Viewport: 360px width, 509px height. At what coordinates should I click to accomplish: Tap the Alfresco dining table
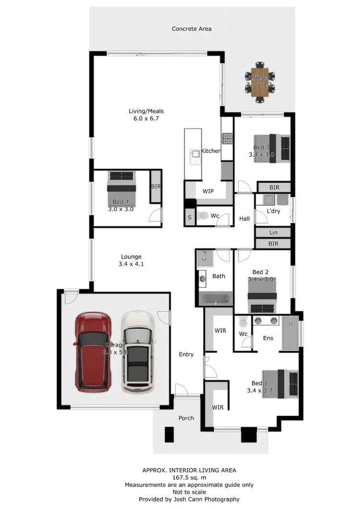(259, 83)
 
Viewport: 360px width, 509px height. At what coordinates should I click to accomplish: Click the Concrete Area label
(192, 29)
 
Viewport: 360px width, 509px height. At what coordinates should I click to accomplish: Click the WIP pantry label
(208, 191)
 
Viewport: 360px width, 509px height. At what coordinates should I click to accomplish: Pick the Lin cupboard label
(273, 232)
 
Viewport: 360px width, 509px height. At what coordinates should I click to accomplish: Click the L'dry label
(273, 212)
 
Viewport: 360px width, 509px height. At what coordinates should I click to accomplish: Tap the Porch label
(186, 418)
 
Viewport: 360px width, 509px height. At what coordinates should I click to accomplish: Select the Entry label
(186, 355)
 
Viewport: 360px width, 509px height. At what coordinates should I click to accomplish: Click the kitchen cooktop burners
(227, 139)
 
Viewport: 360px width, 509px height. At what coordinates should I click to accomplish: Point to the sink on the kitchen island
(196, 154)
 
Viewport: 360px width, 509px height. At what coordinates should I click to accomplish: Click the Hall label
(244, 219)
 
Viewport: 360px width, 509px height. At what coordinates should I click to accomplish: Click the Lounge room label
(131, 257)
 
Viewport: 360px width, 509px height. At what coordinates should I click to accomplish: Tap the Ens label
(268, 338)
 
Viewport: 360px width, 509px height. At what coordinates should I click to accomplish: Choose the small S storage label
(190, 217)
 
